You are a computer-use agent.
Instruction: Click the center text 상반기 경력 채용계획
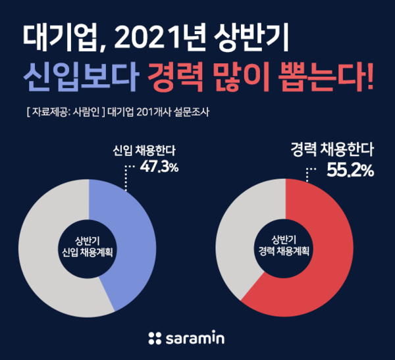click(x=284, y=245)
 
